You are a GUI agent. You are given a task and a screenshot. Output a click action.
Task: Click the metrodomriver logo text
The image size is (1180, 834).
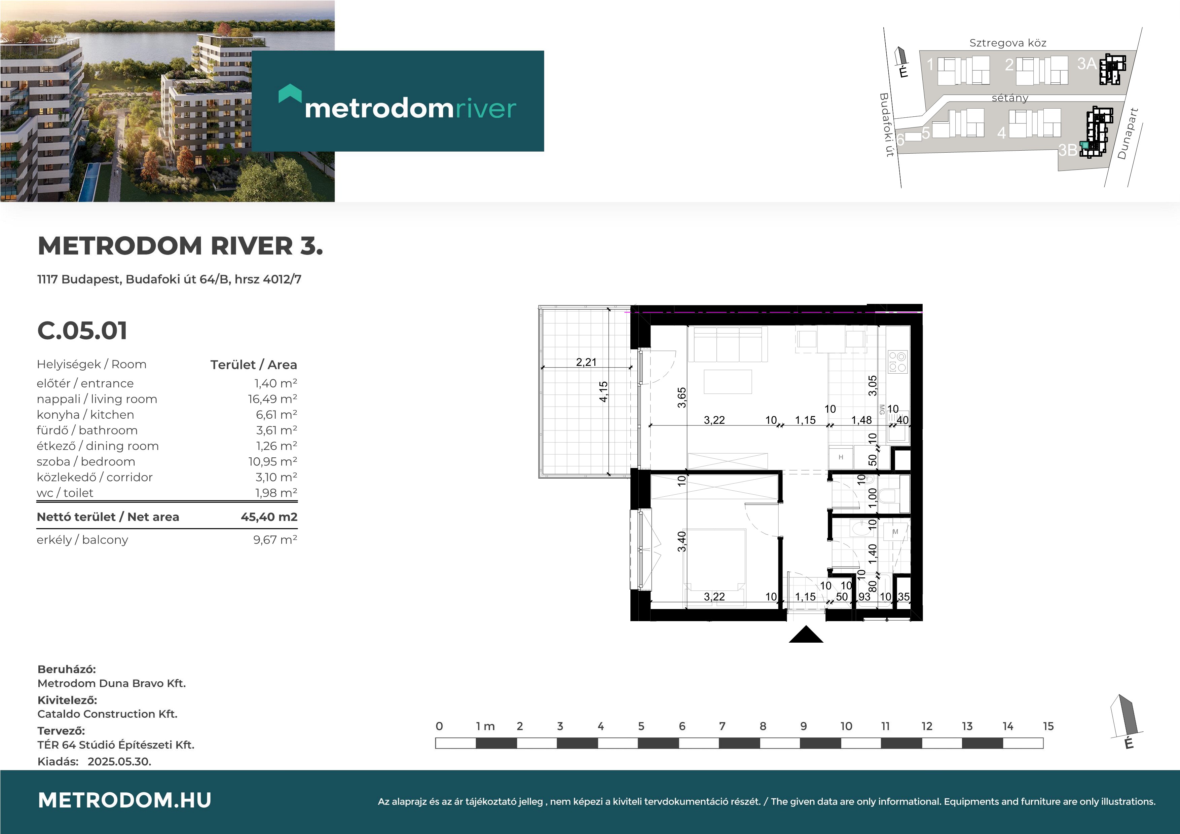410,108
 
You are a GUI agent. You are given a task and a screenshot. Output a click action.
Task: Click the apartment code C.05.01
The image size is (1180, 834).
82,331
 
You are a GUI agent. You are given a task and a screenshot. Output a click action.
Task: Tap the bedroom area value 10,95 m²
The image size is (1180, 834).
272,461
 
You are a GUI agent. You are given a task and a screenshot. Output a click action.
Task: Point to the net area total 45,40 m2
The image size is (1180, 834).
269,517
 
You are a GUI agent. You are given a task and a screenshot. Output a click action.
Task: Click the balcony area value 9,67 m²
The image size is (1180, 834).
275,539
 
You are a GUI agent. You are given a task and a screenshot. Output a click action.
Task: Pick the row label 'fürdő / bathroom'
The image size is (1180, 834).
87,430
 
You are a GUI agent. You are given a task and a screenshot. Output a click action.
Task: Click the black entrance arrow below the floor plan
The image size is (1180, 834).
806,634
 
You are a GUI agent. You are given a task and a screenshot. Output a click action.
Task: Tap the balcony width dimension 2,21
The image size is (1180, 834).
586,362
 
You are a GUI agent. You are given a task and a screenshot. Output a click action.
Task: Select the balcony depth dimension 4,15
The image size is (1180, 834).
603,391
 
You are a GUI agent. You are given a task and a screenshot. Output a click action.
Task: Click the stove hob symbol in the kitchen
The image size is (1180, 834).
898,361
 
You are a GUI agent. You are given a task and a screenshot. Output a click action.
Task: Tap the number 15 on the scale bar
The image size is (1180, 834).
1048,726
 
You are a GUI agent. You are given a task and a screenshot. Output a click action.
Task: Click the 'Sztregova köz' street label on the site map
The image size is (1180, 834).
1008,43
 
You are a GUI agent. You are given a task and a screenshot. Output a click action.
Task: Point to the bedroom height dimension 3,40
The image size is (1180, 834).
681,541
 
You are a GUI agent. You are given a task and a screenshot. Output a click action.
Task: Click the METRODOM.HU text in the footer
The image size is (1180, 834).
125,800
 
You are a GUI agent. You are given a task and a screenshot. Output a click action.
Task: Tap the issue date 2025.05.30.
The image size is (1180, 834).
119,762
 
